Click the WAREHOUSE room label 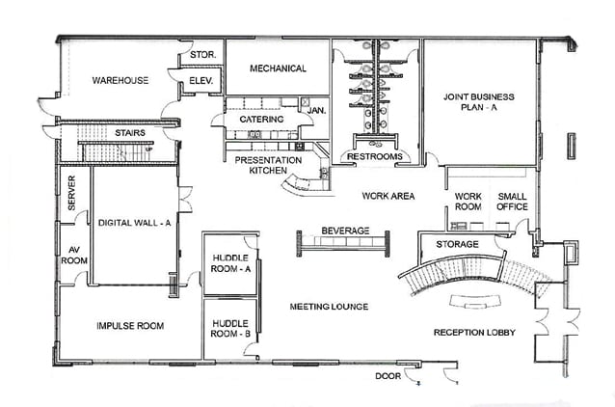(x=120, y=80)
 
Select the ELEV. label (x=201, y=80)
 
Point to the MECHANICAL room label (x=278, y=68)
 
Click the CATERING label (x=261, y=120)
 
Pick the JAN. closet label (x=316, y=111)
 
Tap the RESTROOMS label (x=368, y=155)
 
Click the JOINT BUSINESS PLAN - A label (x=478, y=103)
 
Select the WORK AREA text (x=388, y=196)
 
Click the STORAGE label (x=457, y=244)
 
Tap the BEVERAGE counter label (x=345, y=231)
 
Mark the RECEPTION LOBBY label (x=474, y=333)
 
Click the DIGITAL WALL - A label (x=134, y=222)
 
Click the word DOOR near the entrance (x=388, y=376)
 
